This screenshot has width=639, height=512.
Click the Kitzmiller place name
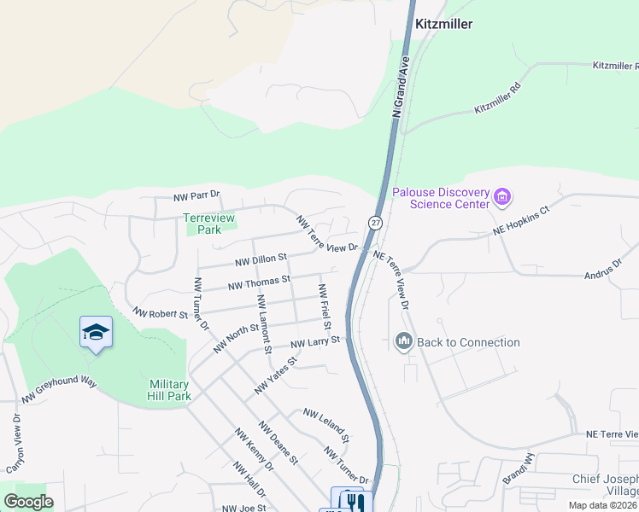pyautogui.click(x=443, y=25)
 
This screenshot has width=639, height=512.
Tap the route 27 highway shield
pyautogui.click(x=375, y=223)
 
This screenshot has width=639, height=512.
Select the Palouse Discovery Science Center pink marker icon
pyautogui.click(x=502, y=199)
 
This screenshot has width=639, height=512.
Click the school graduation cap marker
pyautogui.click(x=96, y=333)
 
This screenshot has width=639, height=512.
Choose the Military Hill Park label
pyautogui.click(x=169, y=390)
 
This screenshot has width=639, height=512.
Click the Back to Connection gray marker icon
pyautogui.click(x=403, y=342)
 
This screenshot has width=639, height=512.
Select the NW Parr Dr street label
pyautogui.click(x=196, y=196)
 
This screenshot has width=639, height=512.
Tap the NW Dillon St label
pyautogui.click(x=261, y=257)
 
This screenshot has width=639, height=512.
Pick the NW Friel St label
pyautogui.click(x=325, y=306)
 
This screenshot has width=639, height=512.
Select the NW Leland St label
pyautogui.click(x=326, y=424)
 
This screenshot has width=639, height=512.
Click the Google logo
pyautogui.click(x=28, y=502)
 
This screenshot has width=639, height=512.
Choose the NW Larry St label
pyautogui.click(x=315, y=342)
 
